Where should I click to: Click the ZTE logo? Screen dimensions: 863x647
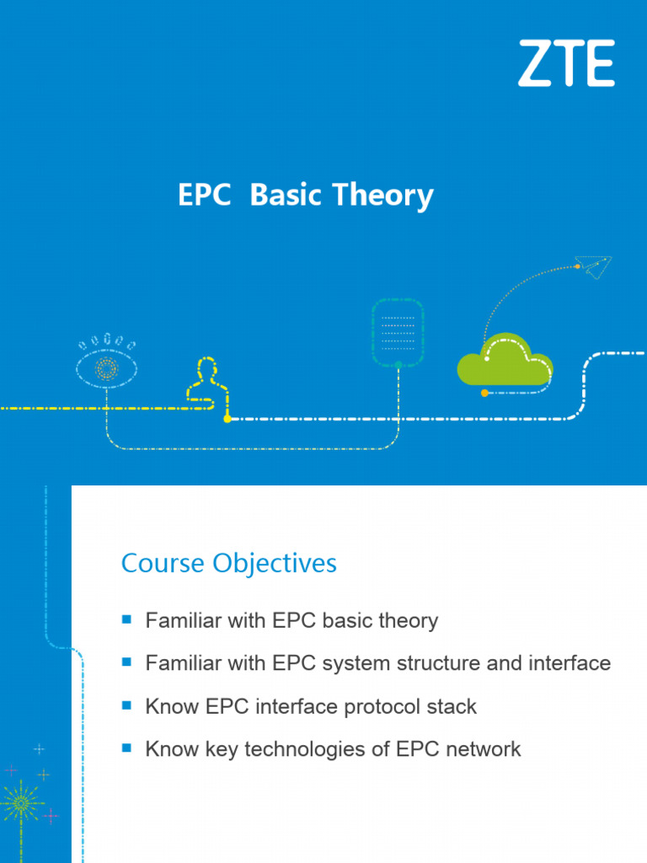(566, 63)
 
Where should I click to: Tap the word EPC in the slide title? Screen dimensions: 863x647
(204, 196)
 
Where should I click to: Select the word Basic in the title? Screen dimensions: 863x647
(286, 196)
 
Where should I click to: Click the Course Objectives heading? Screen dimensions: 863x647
(229, 564)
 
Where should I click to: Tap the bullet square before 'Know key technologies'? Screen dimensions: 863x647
(127, 748)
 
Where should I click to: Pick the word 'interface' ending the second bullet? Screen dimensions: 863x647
(570, 664)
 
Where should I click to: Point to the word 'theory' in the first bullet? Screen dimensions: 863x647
(408, 621)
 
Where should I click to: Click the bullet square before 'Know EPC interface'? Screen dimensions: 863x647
(127, 705)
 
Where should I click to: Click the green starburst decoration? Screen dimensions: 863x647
(20, 803)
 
